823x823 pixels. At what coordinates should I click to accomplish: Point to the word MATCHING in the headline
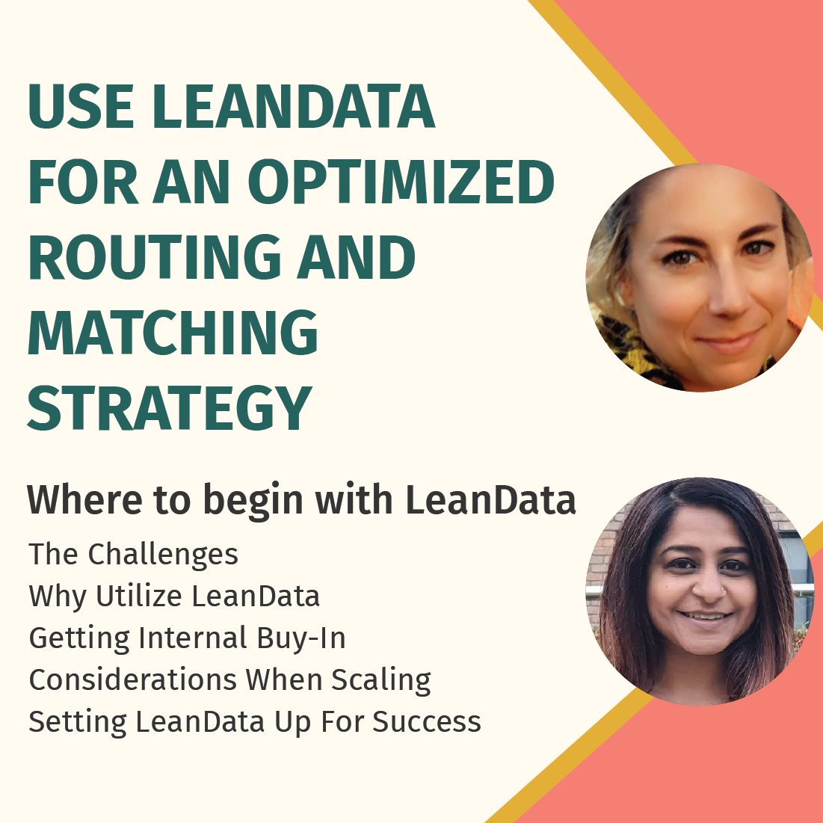[173, 333]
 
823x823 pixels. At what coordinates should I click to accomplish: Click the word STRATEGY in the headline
[170, 408]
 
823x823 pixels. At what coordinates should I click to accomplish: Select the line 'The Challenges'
[134, 555]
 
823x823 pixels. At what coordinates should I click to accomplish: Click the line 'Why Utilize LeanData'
[174, 597]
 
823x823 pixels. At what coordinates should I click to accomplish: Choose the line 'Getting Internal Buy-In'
[187, 638]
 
